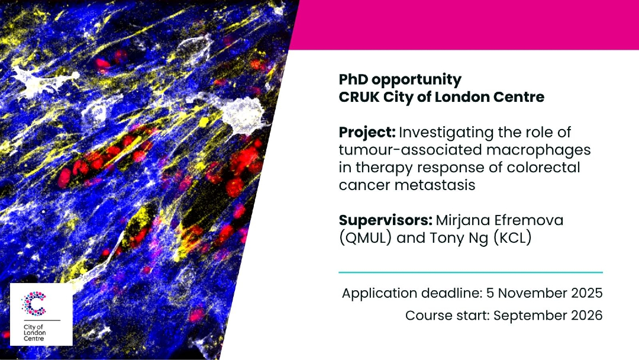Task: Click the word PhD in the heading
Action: tap(353, 79)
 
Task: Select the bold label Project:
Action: tap(367, 133)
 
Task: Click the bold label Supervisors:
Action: tap(386, 221)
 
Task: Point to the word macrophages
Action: tap(538, 150)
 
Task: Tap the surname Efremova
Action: tap(528, 220)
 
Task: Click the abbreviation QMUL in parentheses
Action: tap(365, 237)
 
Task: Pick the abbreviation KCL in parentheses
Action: tap(512, 237)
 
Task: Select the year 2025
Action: tap(587, 293)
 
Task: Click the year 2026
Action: tap(587, 316)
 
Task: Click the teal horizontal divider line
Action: tap(471, 272)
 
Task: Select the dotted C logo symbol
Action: tap(34, 304)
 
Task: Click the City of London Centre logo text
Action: tap(35, 333)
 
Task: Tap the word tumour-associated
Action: tap(411, 150)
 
